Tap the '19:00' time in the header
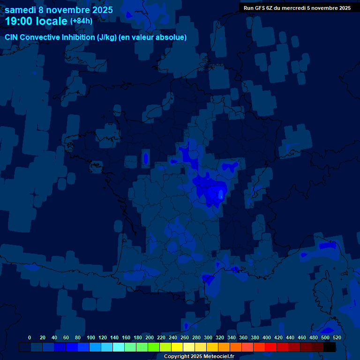(x=18, y=21)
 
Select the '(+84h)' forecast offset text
(x=81, y=21)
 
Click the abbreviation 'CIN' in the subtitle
(x=12, y=37)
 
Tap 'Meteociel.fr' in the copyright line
(x=218, y=357)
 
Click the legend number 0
(x=30, y=337)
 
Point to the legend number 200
(x=150, y=337)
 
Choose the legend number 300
(x=208, y=337)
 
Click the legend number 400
(x=267, y=337)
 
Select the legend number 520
(x=337, y=337)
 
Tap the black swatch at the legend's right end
(x=330, y=347)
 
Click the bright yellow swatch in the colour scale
(x=177, y=347)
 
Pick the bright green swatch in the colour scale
(x=154, y=347)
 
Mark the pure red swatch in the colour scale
(x=271, y=347)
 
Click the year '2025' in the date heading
(x=99, y=10)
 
